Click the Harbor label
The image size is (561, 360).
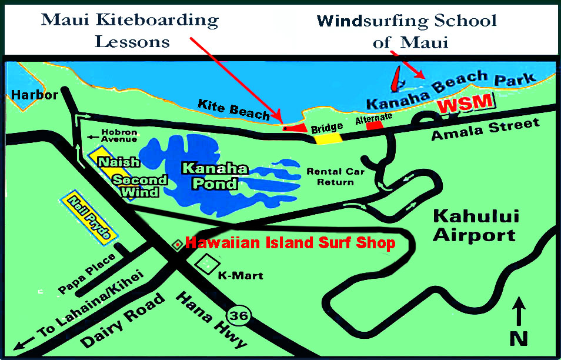(x=34, y=95)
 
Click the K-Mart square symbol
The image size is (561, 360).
(x=208, y=265)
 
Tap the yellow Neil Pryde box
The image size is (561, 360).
(x=89, y=217)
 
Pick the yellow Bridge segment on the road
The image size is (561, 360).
(x=328, y=139)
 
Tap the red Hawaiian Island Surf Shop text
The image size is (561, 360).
(x=290, y=243)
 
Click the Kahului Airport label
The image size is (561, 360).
(x=474, y=225)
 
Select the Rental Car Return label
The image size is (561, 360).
(x=336, y=176)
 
